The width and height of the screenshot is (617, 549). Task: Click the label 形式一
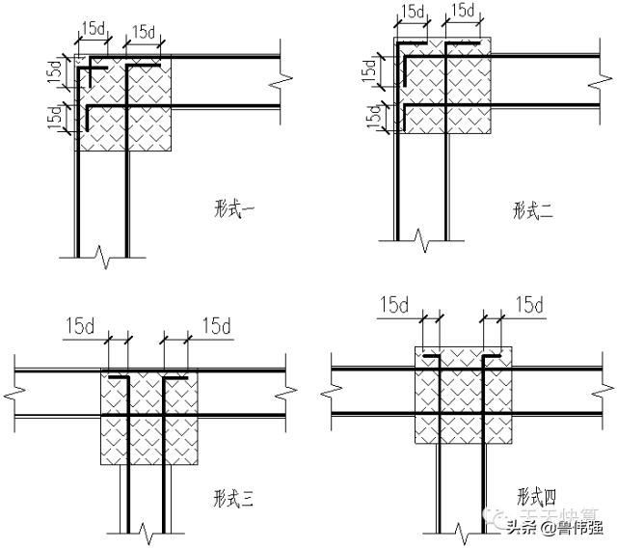tap(233, 205)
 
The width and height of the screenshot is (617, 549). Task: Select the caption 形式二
tap(532, 209)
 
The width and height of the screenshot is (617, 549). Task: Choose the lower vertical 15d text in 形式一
tap(55, 116)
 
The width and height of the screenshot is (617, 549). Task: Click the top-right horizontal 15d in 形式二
tap(463, 12)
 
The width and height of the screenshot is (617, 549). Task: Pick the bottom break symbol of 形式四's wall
tap(460, 530)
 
